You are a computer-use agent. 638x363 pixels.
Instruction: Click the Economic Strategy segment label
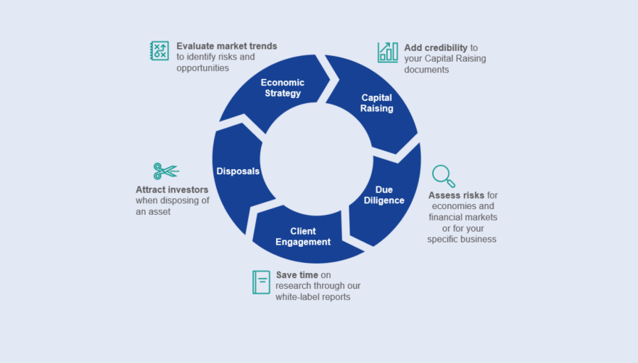(x=282, y=88)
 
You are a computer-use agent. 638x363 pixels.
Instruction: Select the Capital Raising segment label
(x=377, y=103)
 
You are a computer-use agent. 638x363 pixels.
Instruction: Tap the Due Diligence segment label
(x=384, y=195)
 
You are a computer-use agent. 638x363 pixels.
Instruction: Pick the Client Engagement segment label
(x=303, y=237)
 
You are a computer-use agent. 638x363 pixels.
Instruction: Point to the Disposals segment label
(x=238, y=171)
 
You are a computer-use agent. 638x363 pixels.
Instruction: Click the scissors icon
(x=165, y=171)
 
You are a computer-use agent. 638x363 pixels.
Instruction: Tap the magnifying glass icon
(x=444, y=176)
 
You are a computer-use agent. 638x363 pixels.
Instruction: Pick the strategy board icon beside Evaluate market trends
(x=159, y=51)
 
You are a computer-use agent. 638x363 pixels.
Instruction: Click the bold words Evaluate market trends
(x=226, y=46)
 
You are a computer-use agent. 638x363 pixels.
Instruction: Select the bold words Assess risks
(x=455, y=195)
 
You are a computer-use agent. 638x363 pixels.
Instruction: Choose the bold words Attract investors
(x=172, y=189)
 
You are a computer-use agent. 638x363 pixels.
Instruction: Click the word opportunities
(x=202, y=68)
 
